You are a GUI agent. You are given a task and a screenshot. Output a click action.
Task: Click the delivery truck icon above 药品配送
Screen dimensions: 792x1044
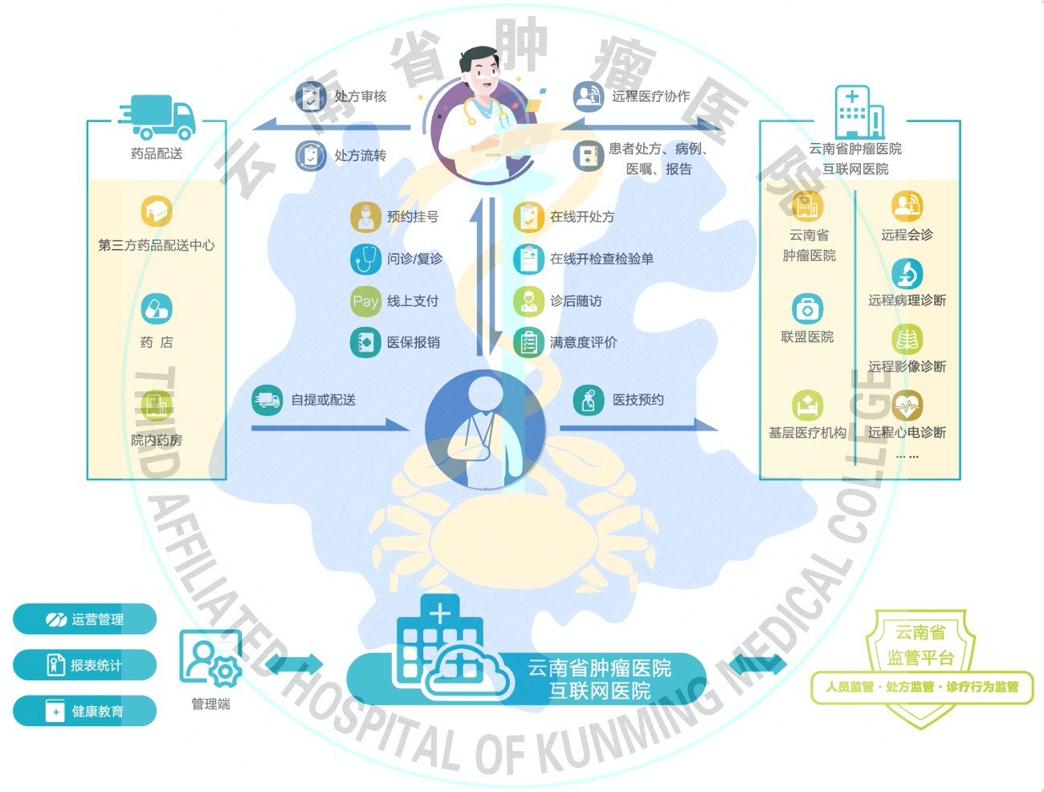[x=158, y=117]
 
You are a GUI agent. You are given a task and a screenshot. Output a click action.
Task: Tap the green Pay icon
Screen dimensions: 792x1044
[x=365, y=301]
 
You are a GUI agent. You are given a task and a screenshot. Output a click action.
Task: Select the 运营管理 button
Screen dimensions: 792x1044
[x=84, y=619]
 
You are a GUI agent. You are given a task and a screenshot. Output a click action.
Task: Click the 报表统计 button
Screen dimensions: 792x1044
[x=84, y=665]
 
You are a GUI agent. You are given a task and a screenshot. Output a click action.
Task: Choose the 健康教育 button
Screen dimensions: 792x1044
[x=84, y=711]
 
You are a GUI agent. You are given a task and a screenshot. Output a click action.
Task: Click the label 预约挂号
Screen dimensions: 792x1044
[x=413, y=217]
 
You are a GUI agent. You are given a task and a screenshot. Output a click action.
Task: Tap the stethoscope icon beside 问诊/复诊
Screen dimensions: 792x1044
[x=365, y=259]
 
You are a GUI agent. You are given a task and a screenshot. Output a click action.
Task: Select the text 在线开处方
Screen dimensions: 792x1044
[x=582, y=217]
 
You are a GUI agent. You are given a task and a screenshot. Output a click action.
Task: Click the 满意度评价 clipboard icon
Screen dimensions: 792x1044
[x=528, y=343]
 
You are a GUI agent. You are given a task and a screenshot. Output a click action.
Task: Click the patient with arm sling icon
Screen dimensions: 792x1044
[x=484, y=429]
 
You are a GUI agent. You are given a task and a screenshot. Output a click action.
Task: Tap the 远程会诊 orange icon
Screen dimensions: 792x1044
[x=907, y=206]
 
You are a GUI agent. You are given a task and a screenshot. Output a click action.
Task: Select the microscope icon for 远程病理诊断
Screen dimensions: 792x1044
[x=907, y=274]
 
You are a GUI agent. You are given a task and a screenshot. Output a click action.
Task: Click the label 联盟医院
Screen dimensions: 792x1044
[x=807, y=337]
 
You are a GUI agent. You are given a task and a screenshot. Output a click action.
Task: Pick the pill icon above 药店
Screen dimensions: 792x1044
[x=157, y=308]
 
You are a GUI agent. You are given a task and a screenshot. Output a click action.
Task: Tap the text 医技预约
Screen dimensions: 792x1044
[x=638, y=400]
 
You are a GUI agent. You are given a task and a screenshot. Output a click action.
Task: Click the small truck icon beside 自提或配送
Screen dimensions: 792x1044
[x=267, y=399]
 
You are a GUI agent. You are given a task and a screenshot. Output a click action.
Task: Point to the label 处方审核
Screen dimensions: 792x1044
[x=361, y=96]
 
